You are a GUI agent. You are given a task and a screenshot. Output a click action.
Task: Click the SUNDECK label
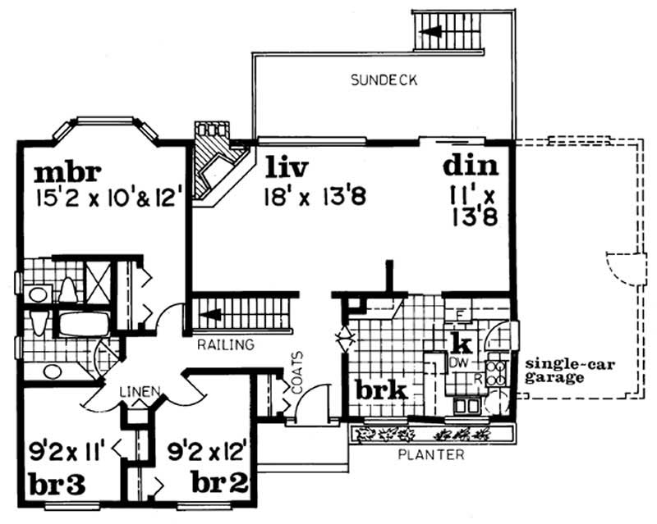point(384,80)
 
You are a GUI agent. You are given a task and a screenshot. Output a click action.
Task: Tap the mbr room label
point(67,173)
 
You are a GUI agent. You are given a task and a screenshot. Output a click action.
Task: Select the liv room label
point(286,168)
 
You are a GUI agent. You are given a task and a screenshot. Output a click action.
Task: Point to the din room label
point(471,166)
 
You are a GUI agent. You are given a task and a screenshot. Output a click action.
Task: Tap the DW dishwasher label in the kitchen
point(457,362)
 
